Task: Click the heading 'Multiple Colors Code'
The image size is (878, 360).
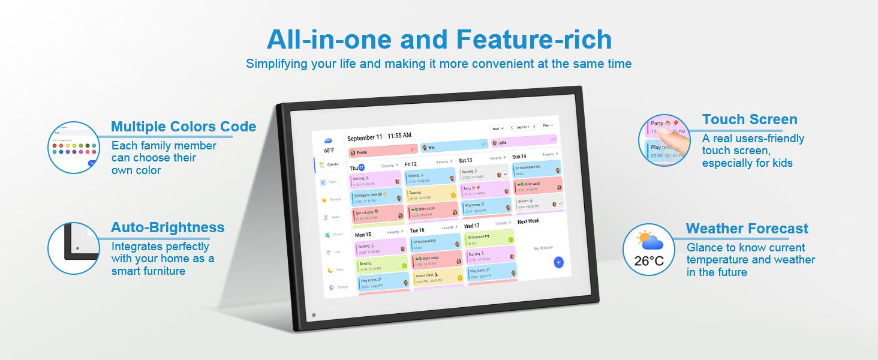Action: pos(183,127)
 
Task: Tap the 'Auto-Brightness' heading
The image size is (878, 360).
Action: pos(167,227)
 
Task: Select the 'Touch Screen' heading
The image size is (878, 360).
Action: pos(750,119)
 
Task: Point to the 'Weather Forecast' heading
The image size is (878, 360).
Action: pos(747,229)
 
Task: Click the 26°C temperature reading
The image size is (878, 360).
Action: pos(649,261)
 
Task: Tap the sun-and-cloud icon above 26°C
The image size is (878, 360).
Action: pos(649,241)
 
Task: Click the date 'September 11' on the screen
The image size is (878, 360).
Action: pos(364,137)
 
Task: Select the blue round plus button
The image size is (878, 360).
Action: pos(558,262)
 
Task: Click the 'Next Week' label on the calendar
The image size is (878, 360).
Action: pos(528,221)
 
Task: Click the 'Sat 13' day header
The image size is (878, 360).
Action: pos(465,161)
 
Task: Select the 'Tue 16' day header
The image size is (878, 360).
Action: pos(417,230)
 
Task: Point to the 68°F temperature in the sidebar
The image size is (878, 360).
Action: pos(329,151)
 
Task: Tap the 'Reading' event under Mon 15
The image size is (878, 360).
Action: pos(381,265)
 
